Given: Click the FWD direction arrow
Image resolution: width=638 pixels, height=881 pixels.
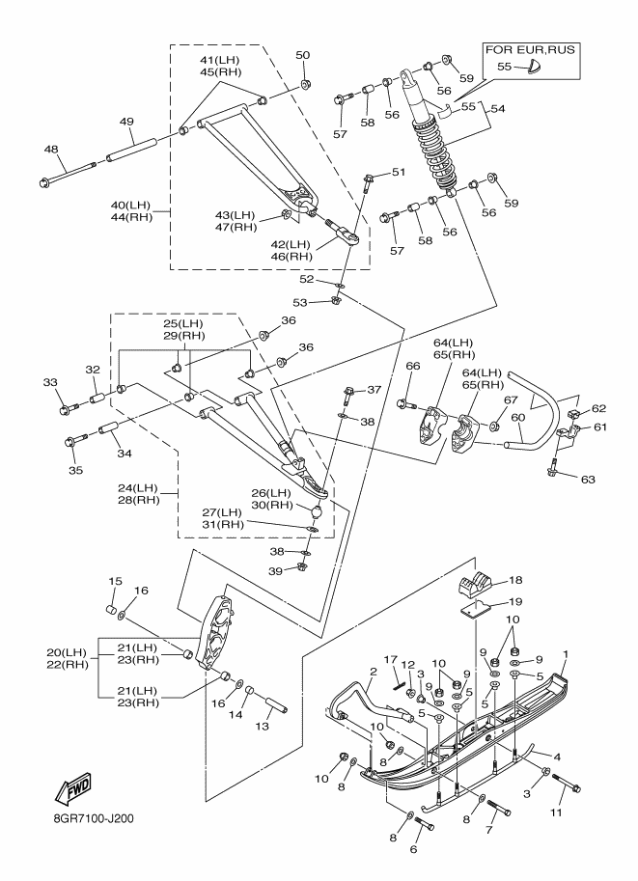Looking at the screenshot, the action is tap(72, 788).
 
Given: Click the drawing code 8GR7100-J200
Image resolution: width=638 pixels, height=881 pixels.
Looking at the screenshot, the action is tap(90, 818).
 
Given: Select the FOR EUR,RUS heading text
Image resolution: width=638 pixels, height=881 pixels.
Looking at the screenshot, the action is tap(530, 50).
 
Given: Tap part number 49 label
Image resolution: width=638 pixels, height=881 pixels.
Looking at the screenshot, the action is tap(126, 122).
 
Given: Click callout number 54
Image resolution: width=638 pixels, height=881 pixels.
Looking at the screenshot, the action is tap(497, 108).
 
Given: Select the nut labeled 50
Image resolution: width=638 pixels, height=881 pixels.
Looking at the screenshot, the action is tap(306, 84).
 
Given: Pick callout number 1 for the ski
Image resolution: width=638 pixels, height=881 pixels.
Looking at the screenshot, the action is tap(566, 654).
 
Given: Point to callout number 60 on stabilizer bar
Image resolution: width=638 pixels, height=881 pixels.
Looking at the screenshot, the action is tap(517, 417).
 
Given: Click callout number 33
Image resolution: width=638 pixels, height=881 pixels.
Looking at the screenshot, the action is tap(50, 383).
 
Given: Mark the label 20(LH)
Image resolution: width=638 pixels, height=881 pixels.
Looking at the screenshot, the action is tap(67, 652).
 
